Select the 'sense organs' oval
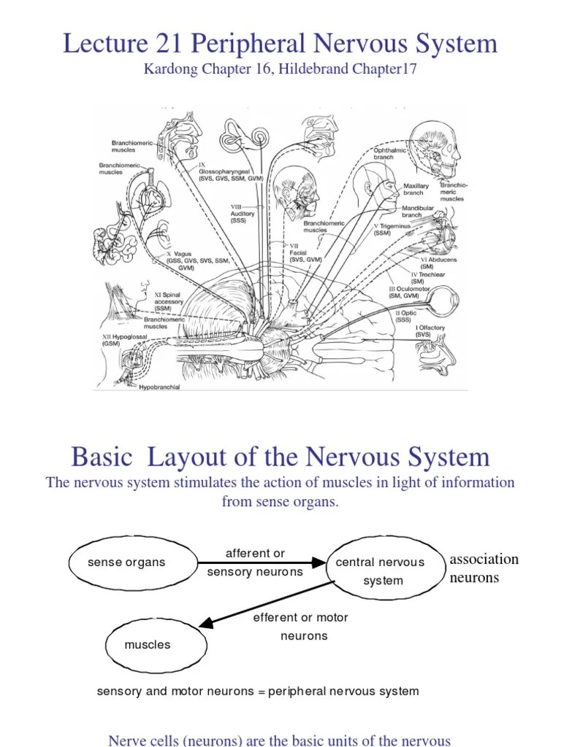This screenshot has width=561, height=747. point(132,562)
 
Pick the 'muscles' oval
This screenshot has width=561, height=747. point(148,645)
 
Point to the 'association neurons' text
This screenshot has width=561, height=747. point(484,568)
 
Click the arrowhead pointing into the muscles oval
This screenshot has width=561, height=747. point(206,622)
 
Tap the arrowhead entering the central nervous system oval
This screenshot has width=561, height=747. point(319,562)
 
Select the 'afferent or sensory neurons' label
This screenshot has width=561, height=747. point(255,562)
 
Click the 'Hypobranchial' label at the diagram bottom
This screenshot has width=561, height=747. point(159,387)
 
